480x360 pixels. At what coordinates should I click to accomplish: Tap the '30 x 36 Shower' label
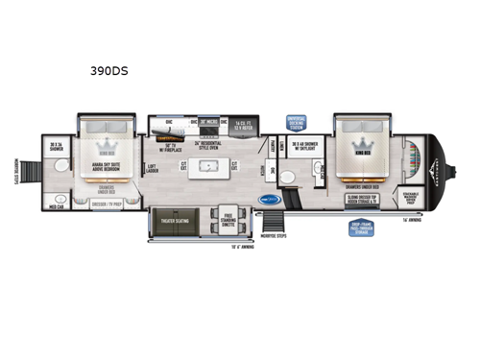tap(57, 148)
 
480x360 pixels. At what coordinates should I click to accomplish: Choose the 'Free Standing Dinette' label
tap(229, 219)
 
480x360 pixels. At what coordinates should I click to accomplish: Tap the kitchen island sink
tap(205, 165)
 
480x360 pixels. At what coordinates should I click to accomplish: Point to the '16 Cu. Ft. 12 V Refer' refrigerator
tap(243, 125)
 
